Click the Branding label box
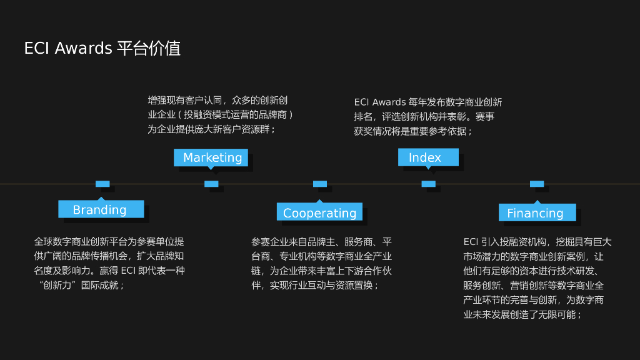[101, 209]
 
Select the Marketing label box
[211, 157]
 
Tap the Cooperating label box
[319, 212]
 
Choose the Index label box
[427, 157]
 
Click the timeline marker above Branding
[102, 184]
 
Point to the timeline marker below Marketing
[211, 184]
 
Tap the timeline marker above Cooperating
[320, 184]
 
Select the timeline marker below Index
[428, 184]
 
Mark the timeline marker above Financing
[537, 184]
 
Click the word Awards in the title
[84, 49]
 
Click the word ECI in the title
[37, 49]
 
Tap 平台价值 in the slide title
[149, 49]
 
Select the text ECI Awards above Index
[380, 102]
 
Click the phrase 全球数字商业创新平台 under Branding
[81, 242]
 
